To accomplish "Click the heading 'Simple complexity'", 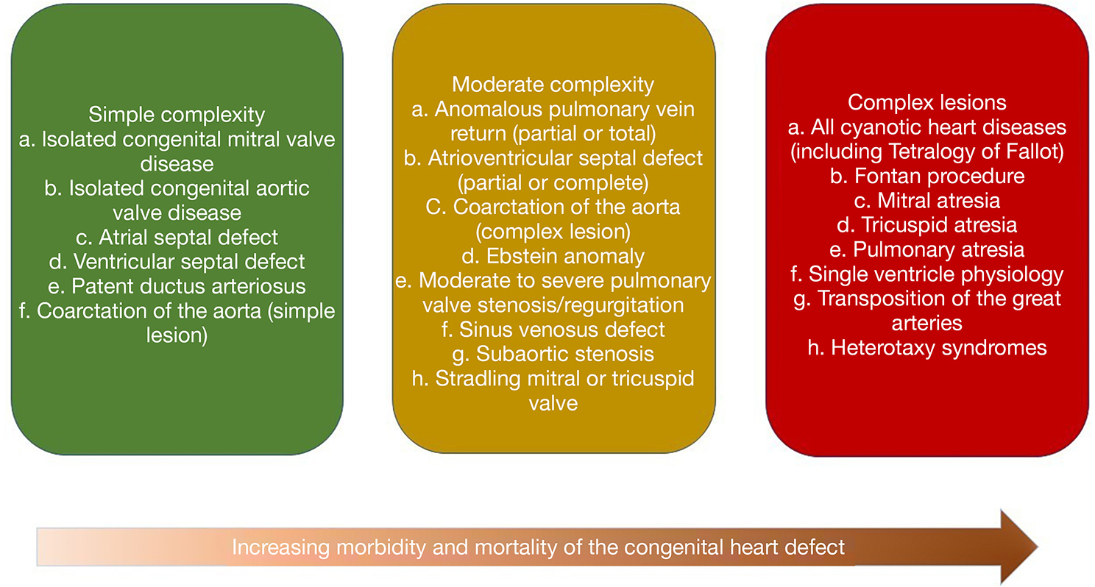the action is click(177, 115).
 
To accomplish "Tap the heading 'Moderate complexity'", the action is click(553, 85).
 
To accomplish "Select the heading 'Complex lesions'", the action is click(926, 103).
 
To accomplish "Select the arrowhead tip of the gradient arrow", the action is click(1038, 547).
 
